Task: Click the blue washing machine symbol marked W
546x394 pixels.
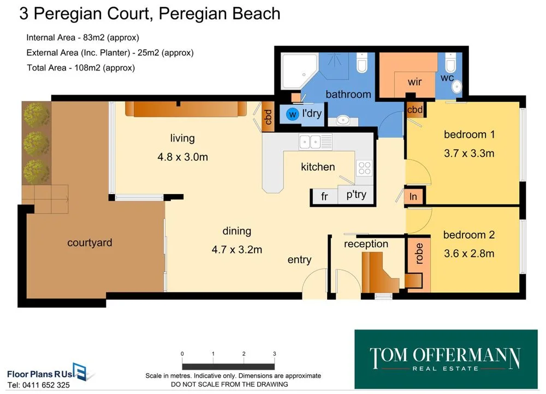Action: click(x=293, y=115)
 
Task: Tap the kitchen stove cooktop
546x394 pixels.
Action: click(x=364, y=168)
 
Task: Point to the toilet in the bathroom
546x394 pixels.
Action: click(x=361, y=64)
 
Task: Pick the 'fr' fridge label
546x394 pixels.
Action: click(x=324, y=197)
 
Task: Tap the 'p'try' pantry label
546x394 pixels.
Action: click(x=356, y=195)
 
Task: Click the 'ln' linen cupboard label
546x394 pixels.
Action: click(x=414, y=197)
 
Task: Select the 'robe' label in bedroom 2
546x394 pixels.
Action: click(x=419, y=254)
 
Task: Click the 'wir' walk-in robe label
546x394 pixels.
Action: click(x=415, y=82)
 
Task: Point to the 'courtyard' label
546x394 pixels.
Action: click(x=90, y=243)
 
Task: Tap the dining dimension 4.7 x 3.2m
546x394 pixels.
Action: click(x=237, y=250)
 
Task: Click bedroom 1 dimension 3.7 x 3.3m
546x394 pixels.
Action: click(x=469, y=153)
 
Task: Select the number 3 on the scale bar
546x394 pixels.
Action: click(x=274, y=354)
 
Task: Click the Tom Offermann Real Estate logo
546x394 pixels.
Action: click(x=446, y=358)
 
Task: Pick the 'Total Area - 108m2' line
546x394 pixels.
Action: click(x=81, y=68)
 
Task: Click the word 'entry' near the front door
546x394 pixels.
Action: click(x=299, y=260)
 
